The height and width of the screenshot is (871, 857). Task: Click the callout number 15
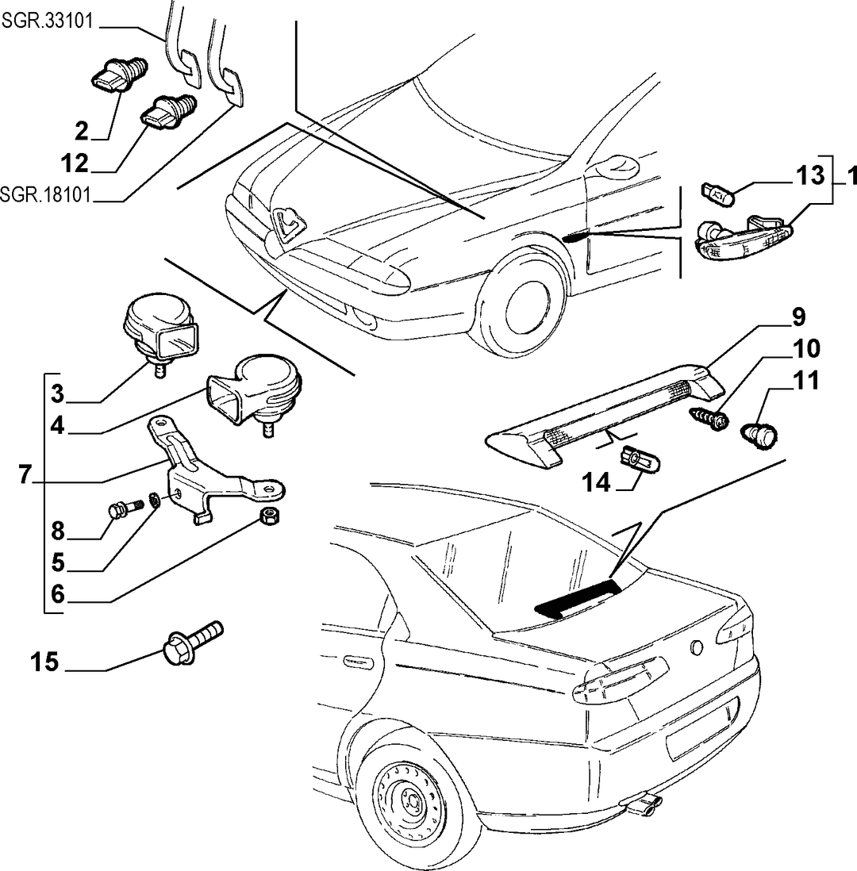pyautogui.click(x=44, y=662)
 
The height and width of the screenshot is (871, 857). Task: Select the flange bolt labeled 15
pyautogui.click(x=192, y=643)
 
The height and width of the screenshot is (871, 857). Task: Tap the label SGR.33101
pyautogui.click(x=48, y=21)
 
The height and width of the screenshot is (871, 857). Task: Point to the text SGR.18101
pyautogui.click(x=45, y=195)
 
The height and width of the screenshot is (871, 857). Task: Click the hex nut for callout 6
pyautogui.click(x=270, y=516)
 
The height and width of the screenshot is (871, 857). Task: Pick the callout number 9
pyautogui.click(x=797, y=317)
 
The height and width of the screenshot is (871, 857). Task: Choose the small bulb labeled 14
pyautogui.click(x=639, y=459)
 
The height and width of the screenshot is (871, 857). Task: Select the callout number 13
pyautogui.click(x=810, y=175)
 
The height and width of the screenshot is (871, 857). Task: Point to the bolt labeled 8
pyautogui.click(x=125, y=508)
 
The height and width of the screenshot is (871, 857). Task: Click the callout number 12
pyautogui.click(x=75, y=164)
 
